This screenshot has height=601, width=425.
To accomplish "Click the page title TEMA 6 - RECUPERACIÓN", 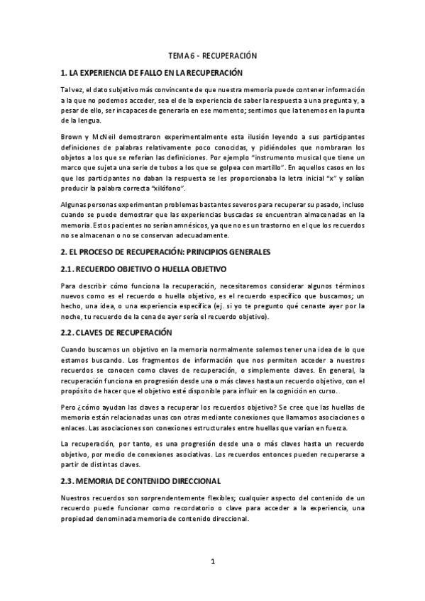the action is [x=212, y=55].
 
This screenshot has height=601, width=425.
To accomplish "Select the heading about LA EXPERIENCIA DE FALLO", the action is [x=152, y=72].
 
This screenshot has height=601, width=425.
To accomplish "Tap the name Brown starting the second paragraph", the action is [x=72, y=135].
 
